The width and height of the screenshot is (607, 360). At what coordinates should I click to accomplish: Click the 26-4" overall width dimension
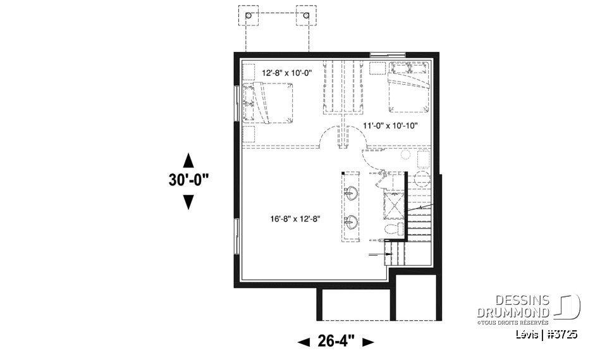click(x=336, y=342)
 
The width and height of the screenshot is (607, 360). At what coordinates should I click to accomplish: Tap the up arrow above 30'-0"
click(x=188, y=158)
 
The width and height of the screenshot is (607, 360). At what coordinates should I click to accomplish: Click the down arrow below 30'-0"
click(x=188, y=202)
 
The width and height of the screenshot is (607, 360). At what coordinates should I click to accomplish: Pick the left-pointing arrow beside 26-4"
click(x=303, y=342)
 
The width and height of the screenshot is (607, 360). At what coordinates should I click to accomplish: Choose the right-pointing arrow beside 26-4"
click(x=368, y=342)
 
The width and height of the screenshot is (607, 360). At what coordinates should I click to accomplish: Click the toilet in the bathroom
click(x=391, y=228)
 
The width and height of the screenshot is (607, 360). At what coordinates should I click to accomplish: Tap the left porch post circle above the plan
click(x=248, y=15)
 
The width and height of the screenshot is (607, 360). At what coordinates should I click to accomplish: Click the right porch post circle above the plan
click(x=307, y=15)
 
